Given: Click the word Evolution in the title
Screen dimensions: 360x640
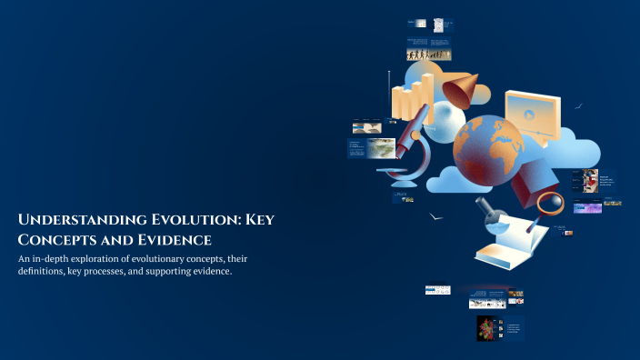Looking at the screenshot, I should pos(181,221).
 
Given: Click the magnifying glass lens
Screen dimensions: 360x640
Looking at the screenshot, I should pos(551,202).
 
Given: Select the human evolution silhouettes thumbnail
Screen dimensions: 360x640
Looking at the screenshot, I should pos(427,55).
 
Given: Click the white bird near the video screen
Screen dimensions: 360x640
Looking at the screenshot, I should pos(578,105).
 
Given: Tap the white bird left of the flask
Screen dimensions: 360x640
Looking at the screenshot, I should pos(436,217).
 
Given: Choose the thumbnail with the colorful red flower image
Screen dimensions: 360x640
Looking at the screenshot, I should pos(486,328).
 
